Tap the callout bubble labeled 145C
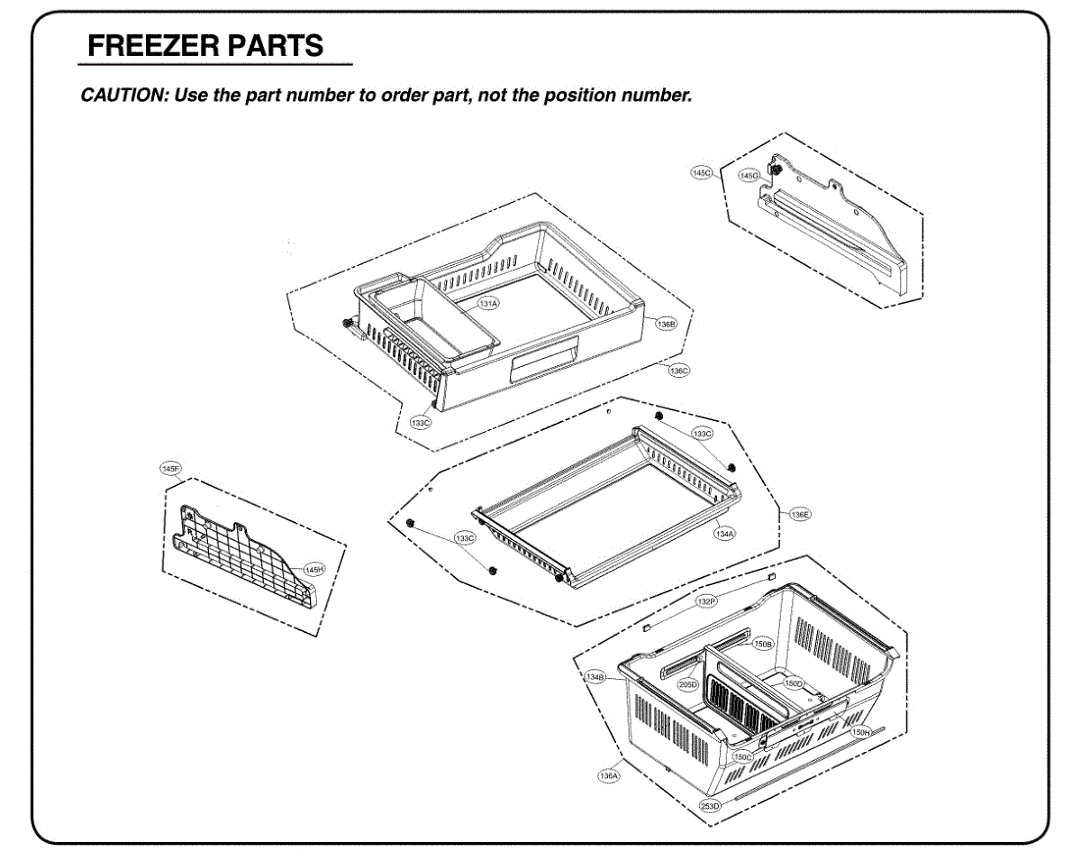[x=702, y=171]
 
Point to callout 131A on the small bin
[x=488, y=304]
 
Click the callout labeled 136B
[x=666, y=324]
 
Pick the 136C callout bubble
[x=679, y=370]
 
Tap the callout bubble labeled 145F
[x=170, y=469]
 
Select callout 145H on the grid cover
[x=314, y=568]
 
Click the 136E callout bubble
[x=800, y=514]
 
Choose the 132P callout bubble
[x=706, y=600]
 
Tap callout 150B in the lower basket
[x=763, y=644]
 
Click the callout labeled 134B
[x=595, y=676]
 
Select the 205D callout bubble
[x=688, y=684]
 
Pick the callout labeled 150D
[x=793, y=683]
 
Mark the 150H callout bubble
[x=860, y=733]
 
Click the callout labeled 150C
[x=742, y=756]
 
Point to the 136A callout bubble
[x=609, y=774]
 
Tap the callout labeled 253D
[x=711, y=804]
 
